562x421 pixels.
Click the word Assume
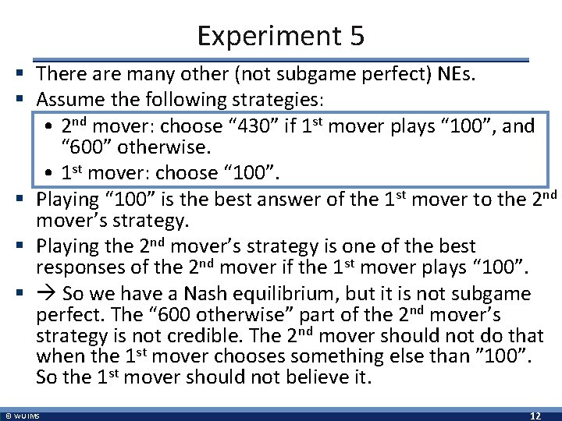[70, 100]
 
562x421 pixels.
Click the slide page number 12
[536, 414]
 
